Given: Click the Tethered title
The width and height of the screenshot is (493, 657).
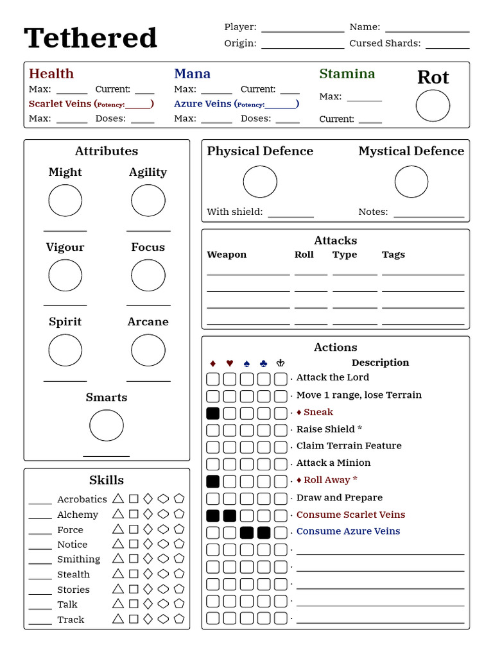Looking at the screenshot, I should click(x=91, y=38).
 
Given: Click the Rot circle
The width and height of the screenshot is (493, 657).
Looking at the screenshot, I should click(x=433, y=106).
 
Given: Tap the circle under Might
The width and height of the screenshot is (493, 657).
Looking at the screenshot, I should click(x=65, y=201).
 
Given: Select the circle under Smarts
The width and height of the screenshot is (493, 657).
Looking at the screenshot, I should click(x=107, y=425).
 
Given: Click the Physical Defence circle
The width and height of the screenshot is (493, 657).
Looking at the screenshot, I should click(x=260, y=182).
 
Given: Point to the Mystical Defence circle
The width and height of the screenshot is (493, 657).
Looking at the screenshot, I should click(x=411, y=182).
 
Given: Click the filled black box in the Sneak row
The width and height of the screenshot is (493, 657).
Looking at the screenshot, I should click(x=212, y=413).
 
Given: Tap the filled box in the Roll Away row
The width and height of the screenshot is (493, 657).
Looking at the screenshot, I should click(x=212, y=481).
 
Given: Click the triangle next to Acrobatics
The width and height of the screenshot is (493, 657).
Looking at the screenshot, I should click(x=117, y=499).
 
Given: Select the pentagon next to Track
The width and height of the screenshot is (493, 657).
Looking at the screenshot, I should click(x=179, y=619).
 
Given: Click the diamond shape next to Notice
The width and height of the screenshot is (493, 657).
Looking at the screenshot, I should click(x=148, y=544).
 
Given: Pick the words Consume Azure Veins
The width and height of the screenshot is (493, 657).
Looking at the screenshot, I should click(x=348, y=531).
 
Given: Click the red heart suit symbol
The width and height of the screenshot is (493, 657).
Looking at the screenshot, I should click(x=229, y=363).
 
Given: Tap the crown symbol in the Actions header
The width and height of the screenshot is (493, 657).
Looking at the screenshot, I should click(x=281, y=363).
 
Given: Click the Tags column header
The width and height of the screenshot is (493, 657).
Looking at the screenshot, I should click(x=393, y=255).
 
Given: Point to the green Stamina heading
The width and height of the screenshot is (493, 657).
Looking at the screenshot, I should click(x=347, y=74).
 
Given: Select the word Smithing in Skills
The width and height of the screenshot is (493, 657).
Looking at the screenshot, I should click(x=78, y=559).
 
